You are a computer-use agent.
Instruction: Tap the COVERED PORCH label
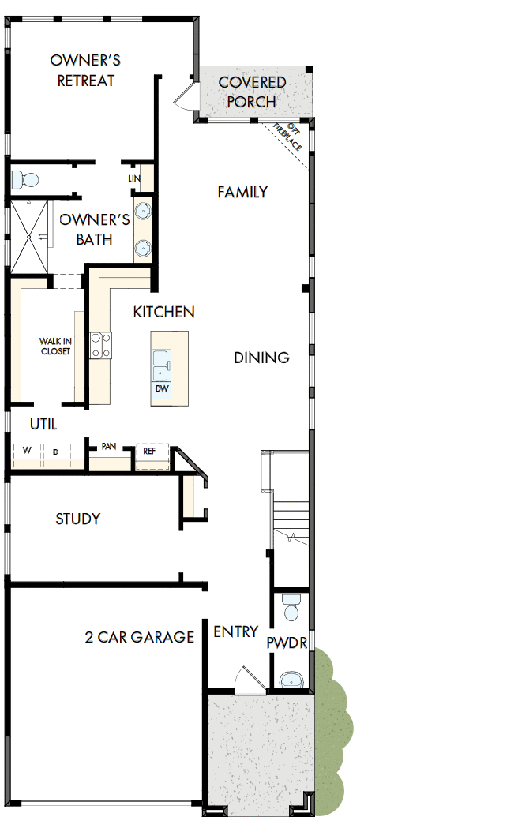pos(252,92)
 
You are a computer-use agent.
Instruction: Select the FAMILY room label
pos(242,192)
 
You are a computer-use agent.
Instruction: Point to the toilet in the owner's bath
pos(25,179)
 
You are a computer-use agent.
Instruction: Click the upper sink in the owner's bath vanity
pos(143,212)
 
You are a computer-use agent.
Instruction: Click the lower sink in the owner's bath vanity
pos(143,249)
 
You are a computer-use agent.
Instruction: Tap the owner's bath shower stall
pos(29,236)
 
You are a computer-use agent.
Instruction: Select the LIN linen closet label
pos(133,178)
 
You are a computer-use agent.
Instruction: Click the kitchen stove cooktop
pos(100,345)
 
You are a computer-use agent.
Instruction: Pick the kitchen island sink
pos(161,363)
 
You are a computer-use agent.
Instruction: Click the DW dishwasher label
pos(161,389)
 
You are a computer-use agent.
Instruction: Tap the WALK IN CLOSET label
pos(55,347)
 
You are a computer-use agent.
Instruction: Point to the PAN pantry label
pos(109,446)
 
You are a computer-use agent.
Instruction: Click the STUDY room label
pos(77,519)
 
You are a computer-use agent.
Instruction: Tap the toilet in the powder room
pos(291,608)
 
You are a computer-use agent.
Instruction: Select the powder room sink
pos(291,679)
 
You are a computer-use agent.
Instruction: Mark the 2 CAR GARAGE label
pos(139,636)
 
